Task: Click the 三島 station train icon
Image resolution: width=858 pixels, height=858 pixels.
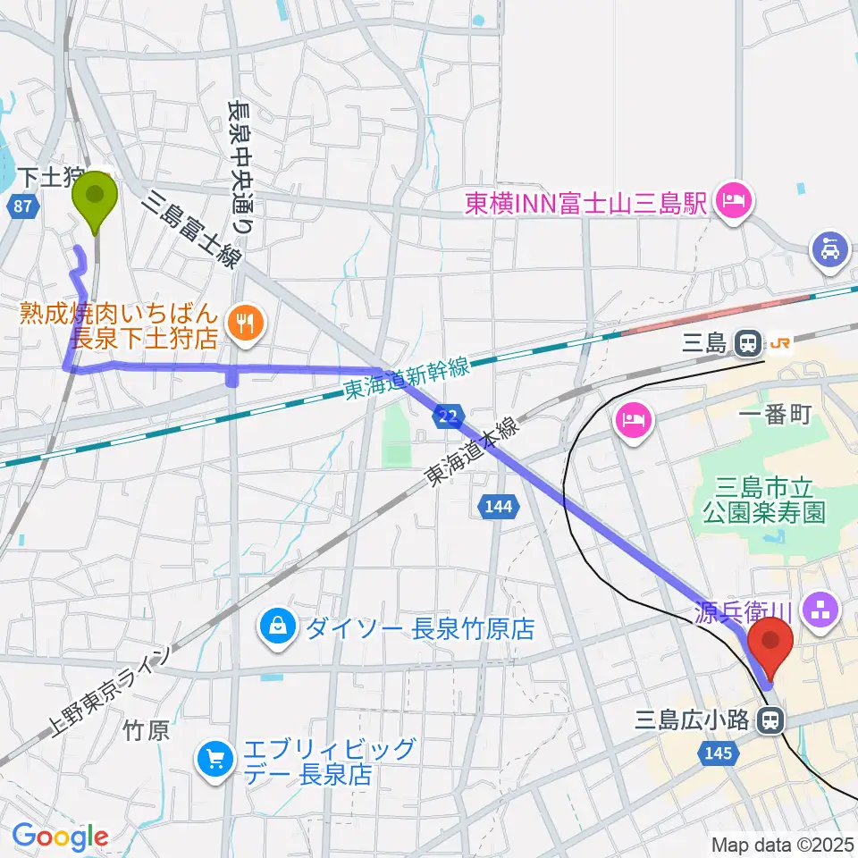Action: coord(747,341)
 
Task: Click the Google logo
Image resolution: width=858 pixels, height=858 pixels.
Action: coord(60,837)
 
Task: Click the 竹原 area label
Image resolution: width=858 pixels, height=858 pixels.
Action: coord(145,732)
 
